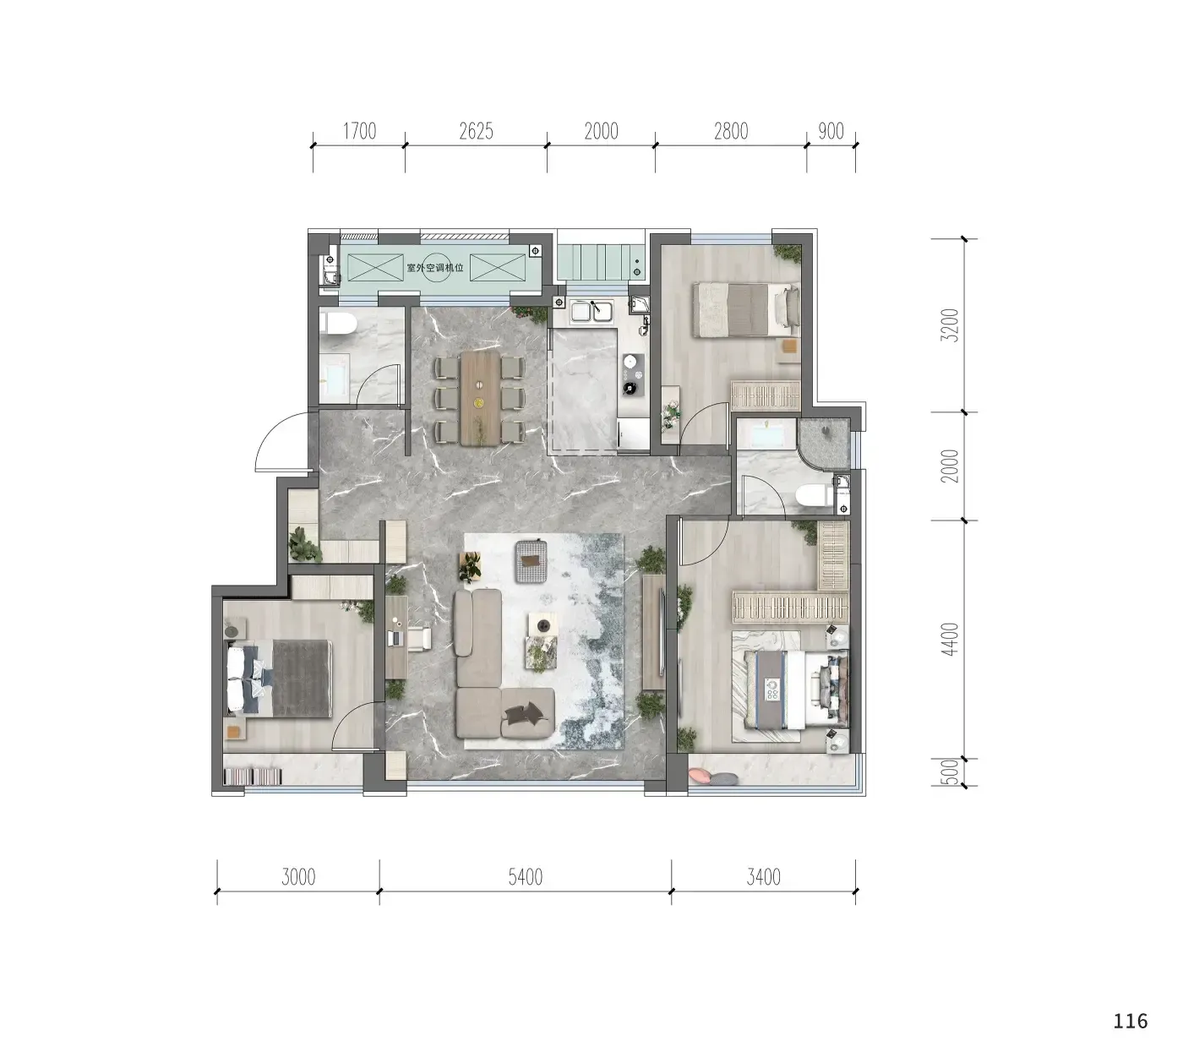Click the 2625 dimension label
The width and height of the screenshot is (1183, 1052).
[x=476, y=131]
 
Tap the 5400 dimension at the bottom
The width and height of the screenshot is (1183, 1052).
[x=526, y=877]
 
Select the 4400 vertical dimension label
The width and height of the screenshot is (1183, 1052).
[x=951, y=640]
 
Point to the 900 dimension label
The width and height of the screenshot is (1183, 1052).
[x=831, y=131]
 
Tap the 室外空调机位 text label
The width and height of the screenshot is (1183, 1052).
[x=435, y=268]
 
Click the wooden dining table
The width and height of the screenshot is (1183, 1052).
[x=480, y=398]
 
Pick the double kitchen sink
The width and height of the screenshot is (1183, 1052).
[x=591, y=311]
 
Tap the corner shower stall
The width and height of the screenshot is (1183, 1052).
[x=823, y=444]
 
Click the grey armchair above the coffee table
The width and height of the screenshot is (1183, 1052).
[x=531, y=561]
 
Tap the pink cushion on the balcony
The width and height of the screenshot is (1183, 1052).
[x=700, y=776]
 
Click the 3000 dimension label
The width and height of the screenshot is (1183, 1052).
[x=298, y=877]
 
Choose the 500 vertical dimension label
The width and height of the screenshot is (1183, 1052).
[x=951, y=771]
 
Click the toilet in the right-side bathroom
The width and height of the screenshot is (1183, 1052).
[x=815, y=496]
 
